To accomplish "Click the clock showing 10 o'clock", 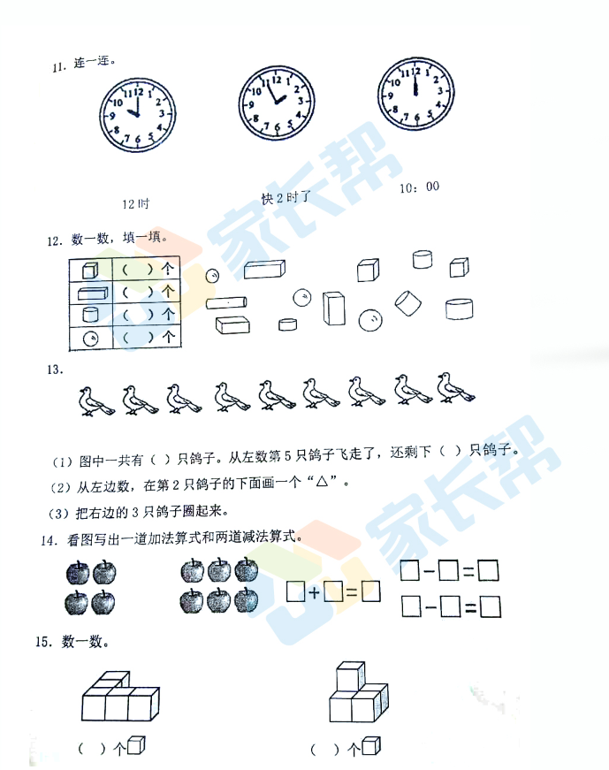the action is [138, 115].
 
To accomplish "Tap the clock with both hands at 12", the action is [416, 94].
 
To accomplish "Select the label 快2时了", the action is [286, 198].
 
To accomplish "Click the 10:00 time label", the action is [419, 187].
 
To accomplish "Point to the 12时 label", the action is [135, 204].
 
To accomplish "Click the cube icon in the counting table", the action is [90, 270].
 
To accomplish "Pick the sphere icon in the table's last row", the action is [91, 339].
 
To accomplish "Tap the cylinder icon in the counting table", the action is [90, 315].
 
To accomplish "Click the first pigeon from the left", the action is [96, 401].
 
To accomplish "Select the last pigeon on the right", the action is [456, 388].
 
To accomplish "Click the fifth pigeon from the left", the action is [277, 394].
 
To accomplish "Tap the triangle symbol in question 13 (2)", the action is [323, 482].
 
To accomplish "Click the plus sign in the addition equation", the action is [315, 592].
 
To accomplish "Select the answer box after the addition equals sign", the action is [371, 591].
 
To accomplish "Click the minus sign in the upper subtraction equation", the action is [429, 571].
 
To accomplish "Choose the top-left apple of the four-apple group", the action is [78, 573].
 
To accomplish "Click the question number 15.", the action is [43, 641].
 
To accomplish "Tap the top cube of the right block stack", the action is [351, 675].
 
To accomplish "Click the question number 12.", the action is [55, 241].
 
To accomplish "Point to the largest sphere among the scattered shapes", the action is [370, 320].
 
